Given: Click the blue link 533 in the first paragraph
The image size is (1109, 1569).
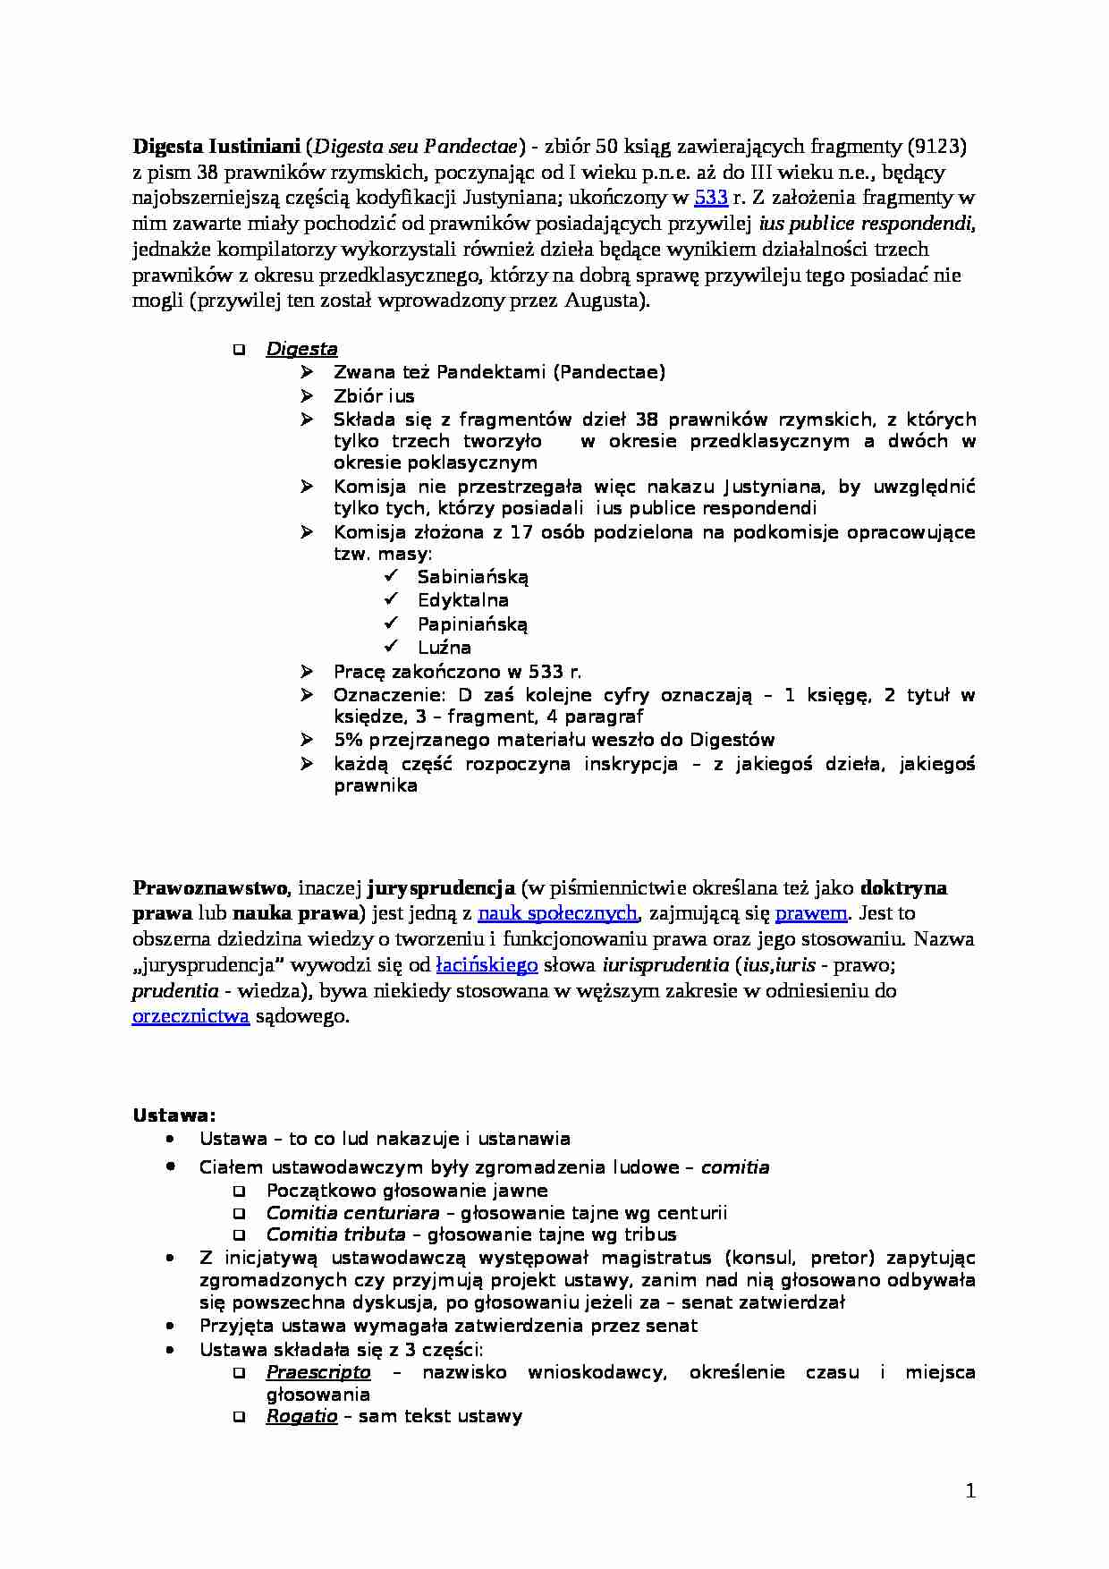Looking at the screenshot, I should [711, 198].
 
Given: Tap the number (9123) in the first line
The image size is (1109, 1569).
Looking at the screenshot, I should [936, 146].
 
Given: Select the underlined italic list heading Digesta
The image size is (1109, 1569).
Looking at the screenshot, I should [301, 350].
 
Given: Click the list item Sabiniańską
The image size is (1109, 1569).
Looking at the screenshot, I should [473, 577].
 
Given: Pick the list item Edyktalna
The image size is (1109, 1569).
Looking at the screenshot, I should [462, 600].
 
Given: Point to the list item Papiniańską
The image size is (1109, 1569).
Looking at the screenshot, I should [472, 624].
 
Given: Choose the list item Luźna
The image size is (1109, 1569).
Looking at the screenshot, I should [444, 648].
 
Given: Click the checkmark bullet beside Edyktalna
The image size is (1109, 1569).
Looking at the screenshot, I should [391, 599].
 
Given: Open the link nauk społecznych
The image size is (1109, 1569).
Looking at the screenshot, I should [557, 913].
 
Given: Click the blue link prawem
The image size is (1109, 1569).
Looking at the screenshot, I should [810, 913].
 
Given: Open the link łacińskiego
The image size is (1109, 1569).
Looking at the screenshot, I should [487, 965].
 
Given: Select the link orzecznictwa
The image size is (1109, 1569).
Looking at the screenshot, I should [190, 1017].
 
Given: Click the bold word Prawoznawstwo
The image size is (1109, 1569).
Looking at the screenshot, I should [210, 888].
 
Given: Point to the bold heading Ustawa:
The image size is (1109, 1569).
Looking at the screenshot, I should [174, 1115].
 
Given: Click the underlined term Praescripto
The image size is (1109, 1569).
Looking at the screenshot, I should [318, 1372].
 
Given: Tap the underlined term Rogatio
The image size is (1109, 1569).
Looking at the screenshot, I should [301, 1416].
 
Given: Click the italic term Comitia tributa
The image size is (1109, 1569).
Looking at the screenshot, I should [335, 1235].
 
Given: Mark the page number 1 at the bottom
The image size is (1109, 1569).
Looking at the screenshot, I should [970, 1490].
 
